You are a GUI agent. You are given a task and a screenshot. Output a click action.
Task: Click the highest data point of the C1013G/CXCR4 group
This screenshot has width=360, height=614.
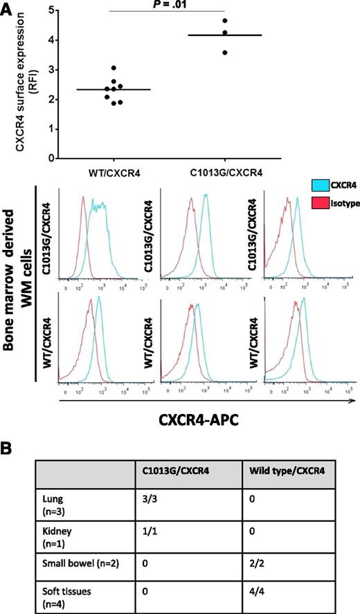coord(225,21)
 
